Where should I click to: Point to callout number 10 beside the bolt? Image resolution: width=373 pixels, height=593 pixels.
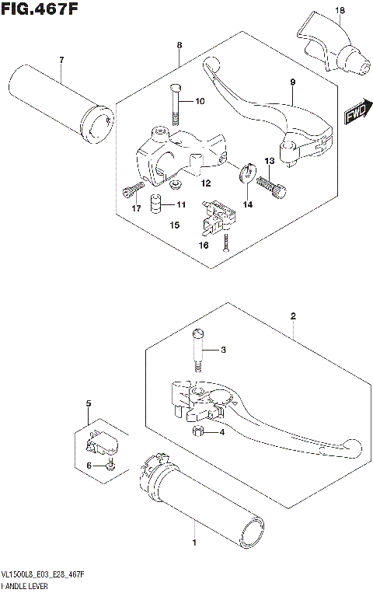pos(200,101)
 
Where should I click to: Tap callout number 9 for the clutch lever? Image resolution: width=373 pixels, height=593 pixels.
pos(293,82)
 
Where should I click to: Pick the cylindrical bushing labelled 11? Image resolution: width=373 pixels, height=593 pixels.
pos(156,204)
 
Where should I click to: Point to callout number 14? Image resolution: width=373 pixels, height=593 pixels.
pos(249,205)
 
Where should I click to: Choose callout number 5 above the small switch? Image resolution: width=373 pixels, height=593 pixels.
pos(88,403)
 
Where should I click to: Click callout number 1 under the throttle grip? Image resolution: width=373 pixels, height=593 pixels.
pos(193,544)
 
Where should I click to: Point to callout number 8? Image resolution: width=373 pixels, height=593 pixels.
pos(179,45)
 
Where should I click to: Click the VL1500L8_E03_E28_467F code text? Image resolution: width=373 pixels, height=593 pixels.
pos(44,573)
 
